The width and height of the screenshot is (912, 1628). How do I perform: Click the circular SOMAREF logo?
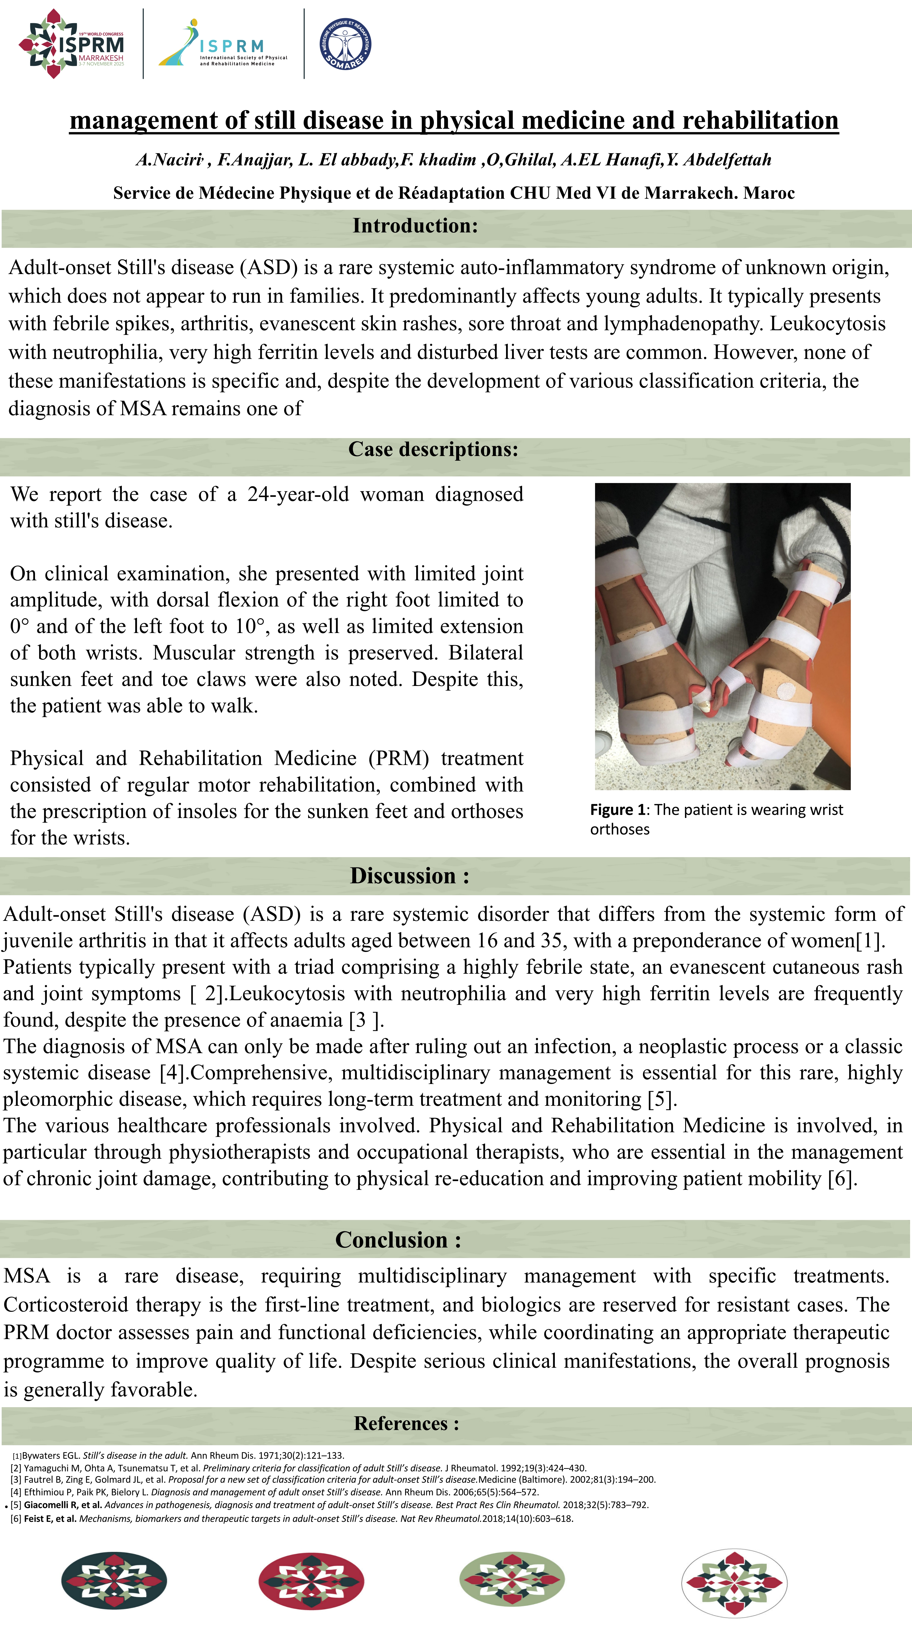[345, 44]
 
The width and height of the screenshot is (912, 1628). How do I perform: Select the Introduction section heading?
[415, 226]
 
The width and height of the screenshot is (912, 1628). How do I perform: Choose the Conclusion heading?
[398, 1239]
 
